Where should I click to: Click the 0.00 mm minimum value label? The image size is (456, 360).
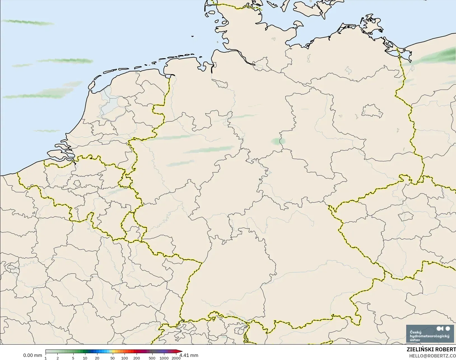32,355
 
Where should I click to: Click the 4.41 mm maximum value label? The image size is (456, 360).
189,355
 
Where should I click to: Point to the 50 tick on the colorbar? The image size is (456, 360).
112,358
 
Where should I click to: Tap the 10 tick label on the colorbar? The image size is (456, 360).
85,358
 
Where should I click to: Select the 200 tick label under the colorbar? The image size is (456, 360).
137,358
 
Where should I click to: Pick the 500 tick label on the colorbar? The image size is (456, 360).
152,358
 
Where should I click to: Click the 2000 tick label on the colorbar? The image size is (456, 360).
176,358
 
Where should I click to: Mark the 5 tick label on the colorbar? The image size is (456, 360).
73,358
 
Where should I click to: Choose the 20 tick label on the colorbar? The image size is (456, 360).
97,358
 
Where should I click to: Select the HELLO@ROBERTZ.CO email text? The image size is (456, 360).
432,356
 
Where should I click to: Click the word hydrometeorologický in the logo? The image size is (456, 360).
429,336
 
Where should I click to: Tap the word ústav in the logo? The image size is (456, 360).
415,340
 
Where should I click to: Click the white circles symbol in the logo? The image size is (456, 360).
443,328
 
